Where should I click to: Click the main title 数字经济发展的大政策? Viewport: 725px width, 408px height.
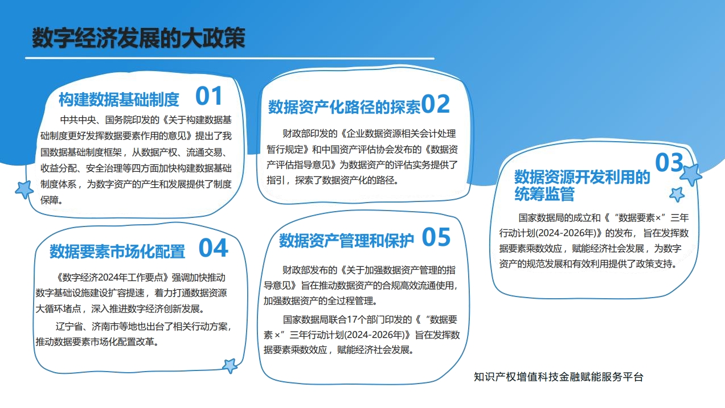tap(138, 38)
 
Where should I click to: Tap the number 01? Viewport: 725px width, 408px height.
tap(209, 96)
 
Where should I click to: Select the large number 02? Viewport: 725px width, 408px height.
tap(435, 104)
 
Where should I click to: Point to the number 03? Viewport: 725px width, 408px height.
tap(669, 162)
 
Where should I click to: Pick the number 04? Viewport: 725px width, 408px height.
tap(214, 248)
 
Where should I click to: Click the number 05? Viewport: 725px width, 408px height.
tap(436, 237)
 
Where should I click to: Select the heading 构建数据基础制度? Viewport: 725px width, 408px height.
tap(119, 99)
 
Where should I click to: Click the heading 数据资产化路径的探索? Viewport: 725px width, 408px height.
tap(345, 107)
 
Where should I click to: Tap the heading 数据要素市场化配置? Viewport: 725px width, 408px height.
tap(117, 251)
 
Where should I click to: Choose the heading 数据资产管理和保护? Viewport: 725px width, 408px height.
tap(346, 241)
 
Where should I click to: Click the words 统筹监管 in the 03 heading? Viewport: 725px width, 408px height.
tap(544, 194)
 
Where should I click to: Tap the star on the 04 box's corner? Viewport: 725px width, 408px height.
tap(230, 366)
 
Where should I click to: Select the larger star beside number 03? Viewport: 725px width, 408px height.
tap(691, 175)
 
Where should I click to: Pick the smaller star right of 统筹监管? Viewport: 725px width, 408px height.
tap(677, 194)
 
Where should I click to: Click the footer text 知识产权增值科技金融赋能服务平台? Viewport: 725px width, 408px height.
tap(558, 377)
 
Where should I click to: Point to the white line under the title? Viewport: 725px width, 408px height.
tap(230, 59)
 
